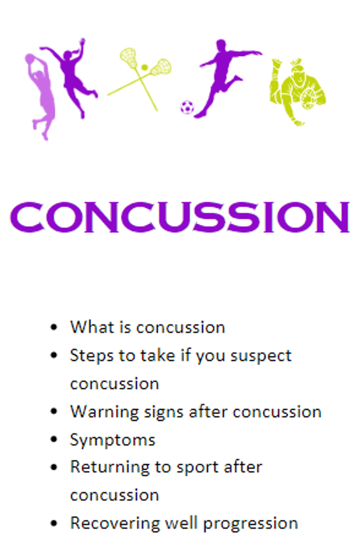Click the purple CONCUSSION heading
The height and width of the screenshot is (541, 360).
click(x=180, y=217)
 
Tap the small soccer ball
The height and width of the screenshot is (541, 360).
click(x=187, y=107)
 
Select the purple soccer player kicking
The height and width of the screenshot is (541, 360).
click(x=224, y=77)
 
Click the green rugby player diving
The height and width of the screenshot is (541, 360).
click(x=297, y=91)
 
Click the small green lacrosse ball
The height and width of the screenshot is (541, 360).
click(x=144, y=68)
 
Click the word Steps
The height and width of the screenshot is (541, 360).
click(x=92, y=355)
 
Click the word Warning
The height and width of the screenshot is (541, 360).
click(x=104, y=412)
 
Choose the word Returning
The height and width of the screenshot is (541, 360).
click(x=110, y=468)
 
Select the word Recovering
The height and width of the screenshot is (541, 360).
click(x=115, y=524)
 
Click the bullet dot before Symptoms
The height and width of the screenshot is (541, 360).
click(x=54, y=439)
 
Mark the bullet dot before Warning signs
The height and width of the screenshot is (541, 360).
click(x=54, y=411)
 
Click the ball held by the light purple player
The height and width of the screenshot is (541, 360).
click(x=30, y=58)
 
